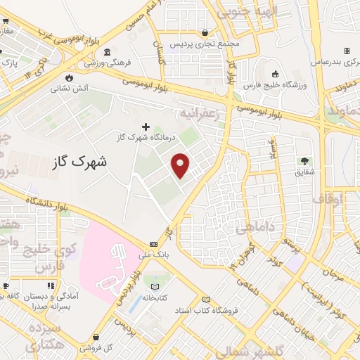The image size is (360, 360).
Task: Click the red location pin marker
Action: pos(182,165)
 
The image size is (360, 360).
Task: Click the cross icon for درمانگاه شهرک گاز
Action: pos(146,127)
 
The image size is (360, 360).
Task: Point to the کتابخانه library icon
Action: pos(155,286)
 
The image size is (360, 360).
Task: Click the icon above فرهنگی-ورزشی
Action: pos(106,53)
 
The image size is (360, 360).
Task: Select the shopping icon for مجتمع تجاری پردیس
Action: pos(205,32)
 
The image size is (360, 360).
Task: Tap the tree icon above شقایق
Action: pos(304,161)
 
